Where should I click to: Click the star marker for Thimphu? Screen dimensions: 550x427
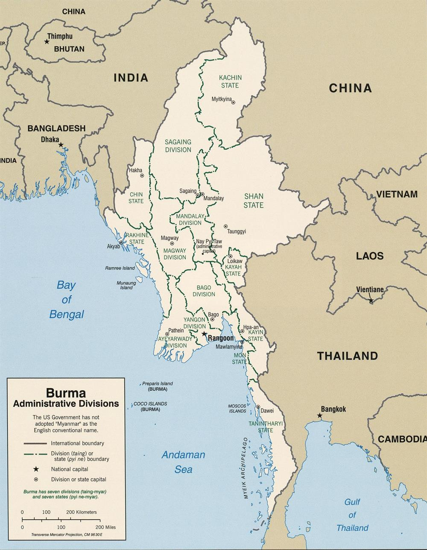(x=47, y=41)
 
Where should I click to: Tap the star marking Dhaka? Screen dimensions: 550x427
(x=61, y=145)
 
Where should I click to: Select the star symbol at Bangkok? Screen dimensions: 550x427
(x=319, y=415)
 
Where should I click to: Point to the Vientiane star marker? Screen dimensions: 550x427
(x=371, y=301)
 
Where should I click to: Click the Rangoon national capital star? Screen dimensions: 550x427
(x=204, y=334)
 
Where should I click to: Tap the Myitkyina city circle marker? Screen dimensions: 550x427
(x=233, y=102)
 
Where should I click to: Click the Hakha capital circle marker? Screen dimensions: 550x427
(x=142, y=176)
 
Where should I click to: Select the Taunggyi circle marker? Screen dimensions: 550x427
(x=225, y=226)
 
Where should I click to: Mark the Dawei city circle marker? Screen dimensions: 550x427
(x=258, y=407)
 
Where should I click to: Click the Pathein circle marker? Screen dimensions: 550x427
(x=167, y=334)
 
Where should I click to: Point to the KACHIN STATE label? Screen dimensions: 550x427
(x=230, y=82)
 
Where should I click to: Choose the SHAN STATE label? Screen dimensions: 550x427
(x=254, y=201)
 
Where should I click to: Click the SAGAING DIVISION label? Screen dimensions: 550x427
(x=178, y=146)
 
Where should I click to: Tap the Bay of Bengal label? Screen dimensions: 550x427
(x=66, y=300)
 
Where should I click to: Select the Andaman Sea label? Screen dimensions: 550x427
(x=183, y=462)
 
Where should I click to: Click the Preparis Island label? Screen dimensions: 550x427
(x=158, y=383)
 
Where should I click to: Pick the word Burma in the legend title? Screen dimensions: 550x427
(x=66, y=392)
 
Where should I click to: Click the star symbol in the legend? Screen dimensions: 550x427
(x=36, y=469)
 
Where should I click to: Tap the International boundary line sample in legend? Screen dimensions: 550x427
(x=35, y=443)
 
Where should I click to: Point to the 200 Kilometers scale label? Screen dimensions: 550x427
(x=82, y=512)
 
